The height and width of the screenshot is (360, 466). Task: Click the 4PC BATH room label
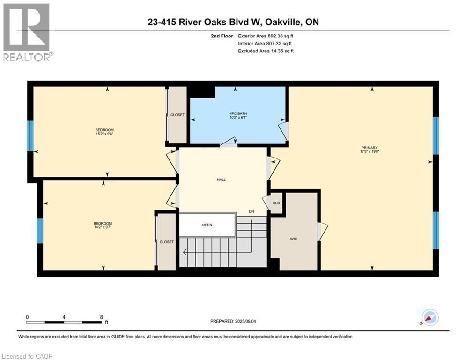(x=238, y=113)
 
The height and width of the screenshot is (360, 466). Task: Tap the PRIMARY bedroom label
(x=370, y=148)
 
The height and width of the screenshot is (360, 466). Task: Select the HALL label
(x=221, y=180)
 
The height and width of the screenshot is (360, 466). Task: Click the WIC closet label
(x=294, y=239)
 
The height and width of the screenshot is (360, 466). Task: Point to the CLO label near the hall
(x=276, y=203)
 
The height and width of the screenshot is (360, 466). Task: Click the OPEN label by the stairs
(x=207, y=225)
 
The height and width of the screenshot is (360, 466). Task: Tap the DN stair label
(x=251, y=211)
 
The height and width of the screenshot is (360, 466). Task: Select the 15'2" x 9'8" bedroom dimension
(x=104, y=134)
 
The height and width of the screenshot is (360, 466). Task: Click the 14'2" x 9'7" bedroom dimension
(x=103, y=227)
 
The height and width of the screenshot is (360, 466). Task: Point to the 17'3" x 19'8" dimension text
(x=370, y=151)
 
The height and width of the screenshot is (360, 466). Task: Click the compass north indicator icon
(x=430, y=318)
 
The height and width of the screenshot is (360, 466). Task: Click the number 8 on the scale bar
(x=101, y=317)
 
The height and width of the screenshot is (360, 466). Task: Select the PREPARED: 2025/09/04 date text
(x=233, y=321)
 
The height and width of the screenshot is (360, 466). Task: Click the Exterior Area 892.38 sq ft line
(x=266, y=36)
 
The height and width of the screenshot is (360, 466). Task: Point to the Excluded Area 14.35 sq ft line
(x=266, y=51)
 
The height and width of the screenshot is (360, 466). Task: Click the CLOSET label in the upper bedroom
(x=178, y=115)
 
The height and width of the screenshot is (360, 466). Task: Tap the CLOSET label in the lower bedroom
(x=167, y=242)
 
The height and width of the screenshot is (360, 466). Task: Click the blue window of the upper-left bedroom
(x=30, y=136)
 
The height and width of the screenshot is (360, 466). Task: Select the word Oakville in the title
(x=282, y=22)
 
